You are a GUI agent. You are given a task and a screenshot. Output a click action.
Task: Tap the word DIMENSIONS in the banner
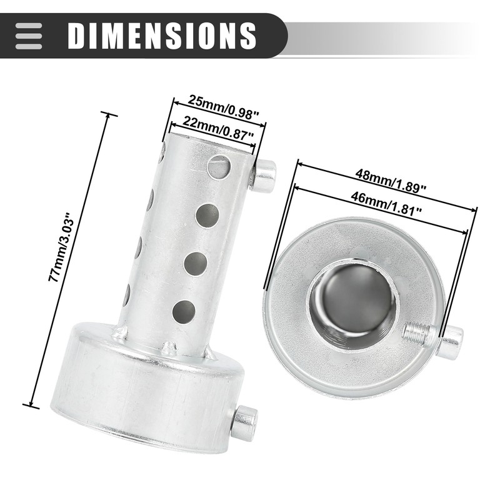tap(162, 35)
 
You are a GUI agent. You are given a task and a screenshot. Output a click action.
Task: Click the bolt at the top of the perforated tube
tap(264, 176)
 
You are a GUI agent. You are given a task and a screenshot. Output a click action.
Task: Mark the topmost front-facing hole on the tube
tap(219, 167)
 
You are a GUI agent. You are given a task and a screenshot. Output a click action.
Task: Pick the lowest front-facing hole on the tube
tap(184, 311)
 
